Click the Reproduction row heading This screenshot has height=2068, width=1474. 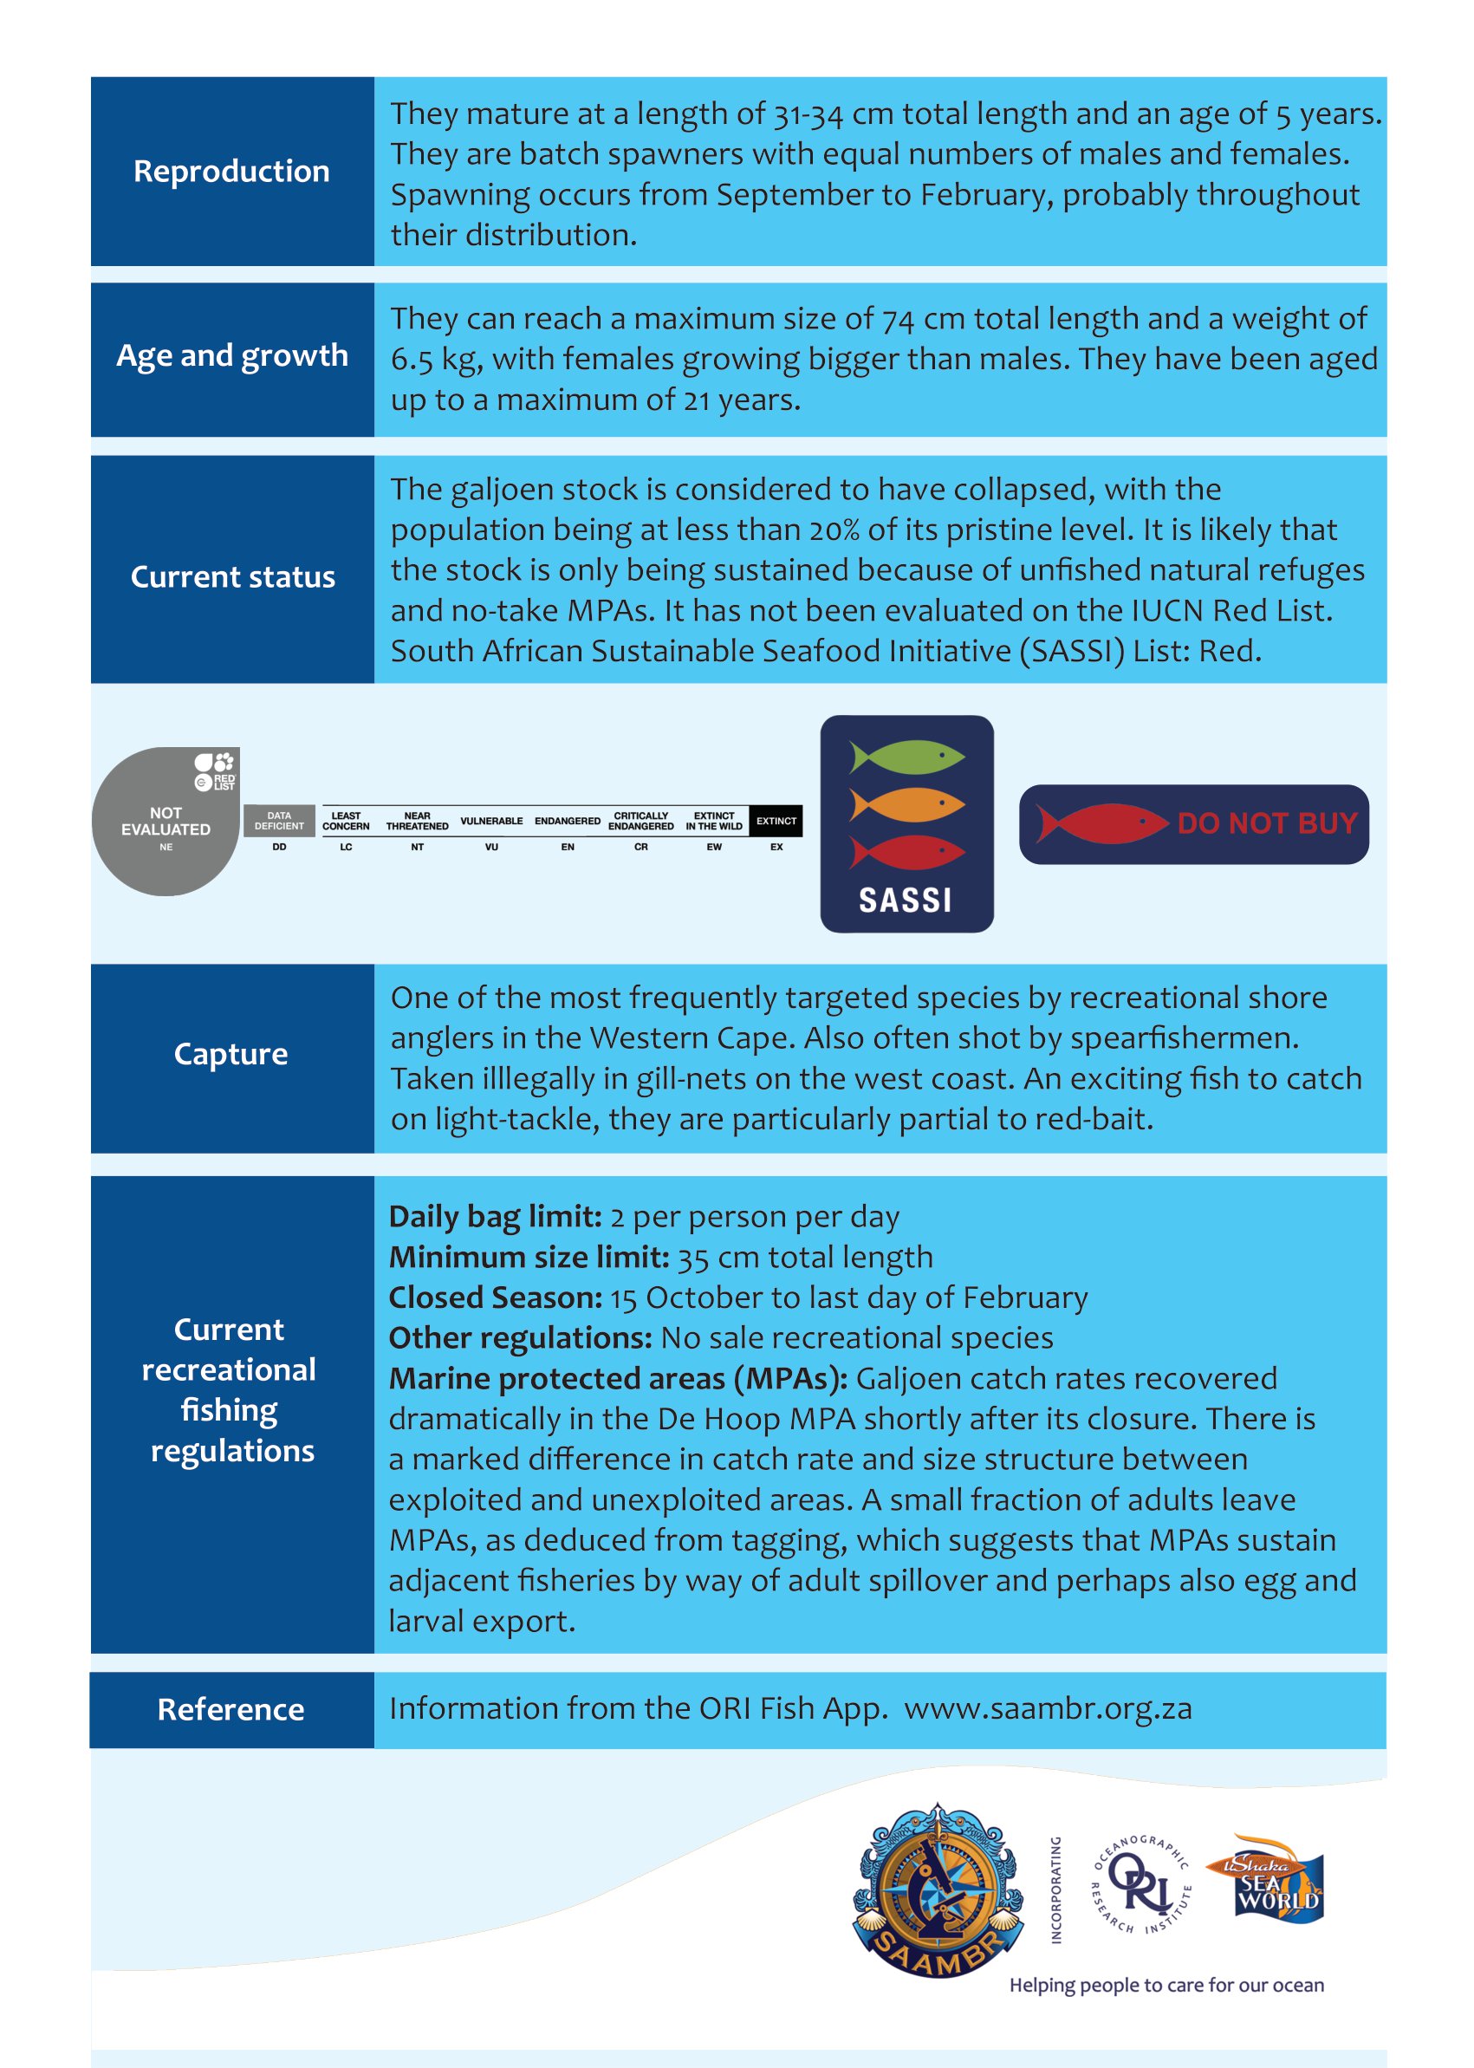[x=231, y=172]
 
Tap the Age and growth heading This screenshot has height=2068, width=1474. [x=231, y=356]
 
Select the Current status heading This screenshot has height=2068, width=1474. [x=232, y=577]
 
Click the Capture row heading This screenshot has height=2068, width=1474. [x=231, y=1054]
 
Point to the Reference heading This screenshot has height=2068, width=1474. [x=231, y=1709]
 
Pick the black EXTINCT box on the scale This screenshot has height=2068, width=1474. [x=776, y=821]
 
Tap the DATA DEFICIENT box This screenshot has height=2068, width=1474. [x=279, y=821]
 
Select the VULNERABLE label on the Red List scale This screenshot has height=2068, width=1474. [x=491, y=821]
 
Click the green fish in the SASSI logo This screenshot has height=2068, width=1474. [x=906, y=756]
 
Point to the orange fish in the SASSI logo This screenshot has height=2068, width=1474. [x=906, y=803]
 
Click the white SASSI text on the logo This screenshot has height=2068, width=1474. [x=905, y=901]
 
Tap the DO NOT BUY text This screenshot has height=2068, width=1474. [x=1267, y=823]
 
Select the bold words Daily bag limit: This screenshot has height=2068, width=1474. [x=495, y=1217]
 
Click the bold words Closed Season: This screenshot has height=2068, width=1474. [x=495, y=1298]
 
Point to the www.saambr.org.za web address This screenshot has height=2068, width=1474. [x=1048, y=1708]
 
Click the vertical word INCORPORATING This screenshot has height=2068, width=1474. [x=1055, y=1889]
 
